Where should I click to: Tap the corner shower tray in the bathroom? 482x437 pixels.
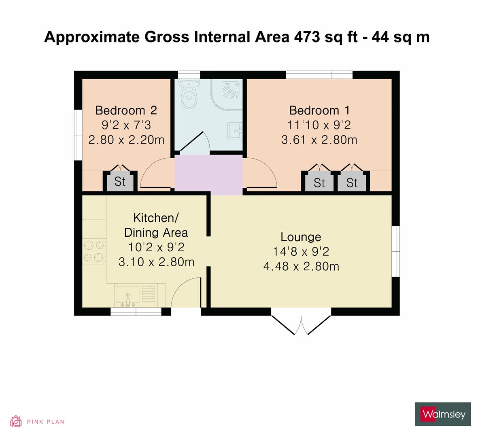[229, 91]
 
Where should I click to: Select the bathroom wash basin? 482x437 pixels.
[235, 131]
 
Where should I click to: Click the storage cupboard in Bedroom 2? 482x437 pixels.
[120, 182]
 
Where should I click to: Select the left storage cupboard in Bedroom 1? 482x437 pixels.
[319, 183]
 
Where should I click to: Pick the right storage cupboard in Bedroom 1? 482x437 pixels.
[352, 183]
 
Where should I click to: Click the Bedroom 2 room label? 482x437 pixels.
[126, 110]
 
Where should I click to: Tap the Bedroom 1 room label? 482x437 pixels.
[319, 110]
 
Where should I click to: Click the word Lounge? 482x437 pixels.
[301, 237]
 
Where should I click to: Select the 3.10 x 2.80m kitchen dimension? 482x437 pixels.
[156, 262]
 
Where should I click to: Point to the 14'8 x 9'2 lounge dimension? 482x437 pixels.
[301, 252]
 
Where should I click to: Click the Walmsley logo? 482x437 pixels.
[443, 414]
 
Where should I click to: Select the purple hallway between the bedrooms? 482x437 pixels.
[208, 175]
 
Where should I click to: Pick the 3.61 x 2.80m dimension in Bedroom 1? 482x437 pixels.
[319, 140]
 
